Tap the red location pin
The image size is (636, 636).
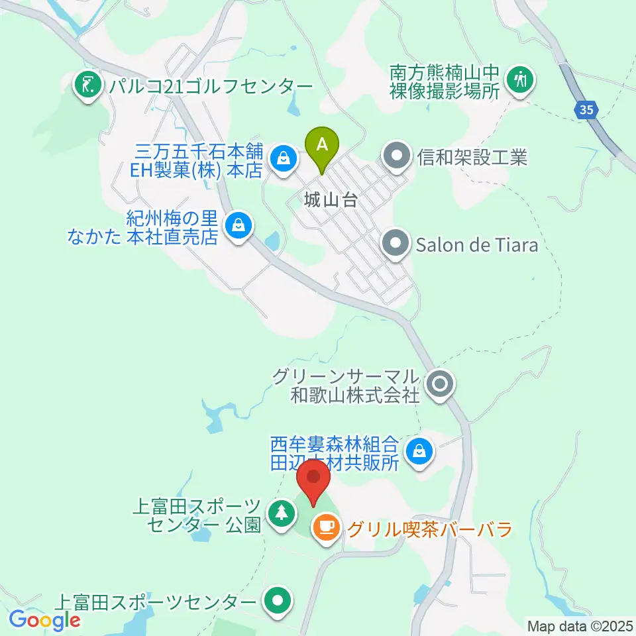click(x=313, y=480)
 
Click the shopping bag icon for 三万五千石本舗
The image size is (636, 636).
click(x=283, y=158)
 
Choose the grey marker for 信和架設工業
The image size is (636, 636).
click(x=397, y=157)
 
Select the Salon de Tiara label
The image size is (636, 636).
click(x=477, y=245)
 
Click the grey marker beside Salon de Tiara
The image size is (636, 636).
click(x=397, y=244)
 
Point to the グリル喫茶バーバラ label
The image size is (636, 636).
click(x=430, y=529)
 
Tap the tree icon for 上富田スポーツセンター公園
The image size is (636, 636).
click(x=282, y=513)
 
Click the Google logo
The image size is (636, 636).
click(x=45, y=621)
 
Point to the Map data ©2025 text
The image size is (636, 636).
click(x=580, y=625)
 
